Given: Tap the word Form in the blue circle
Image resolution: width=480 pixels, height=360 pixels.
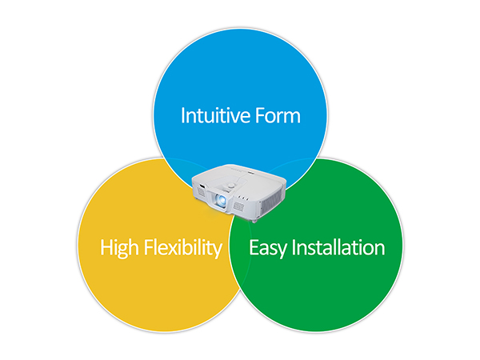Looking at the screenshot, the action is pos(278,115).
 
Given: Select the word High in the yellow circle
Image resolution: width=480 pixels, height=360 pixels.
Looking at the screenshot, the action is pos(119,248).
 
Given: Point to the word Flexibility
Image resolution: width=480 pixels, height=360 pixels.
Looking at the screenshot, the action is pos(183,248).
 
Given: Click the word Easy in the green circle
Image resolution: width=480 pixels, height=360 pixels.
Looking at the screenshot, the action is pos(268,248).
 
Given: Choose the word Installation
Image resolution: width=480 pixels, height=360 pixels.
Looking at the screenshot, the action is pos(338,247).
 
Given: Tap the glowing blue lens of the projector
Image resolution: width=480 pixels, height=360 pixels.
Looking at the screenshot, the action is pos(221,200).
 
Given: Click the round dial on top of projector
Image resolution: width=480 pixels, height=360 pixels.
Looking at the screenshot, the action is pos(231,186).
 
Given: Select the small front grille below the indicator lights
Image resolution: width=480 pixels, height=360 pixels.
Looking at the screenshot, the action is pos(238,206).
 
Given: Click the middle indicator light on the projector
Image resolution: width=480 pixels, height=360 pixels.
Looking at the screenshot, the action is pos(244,198).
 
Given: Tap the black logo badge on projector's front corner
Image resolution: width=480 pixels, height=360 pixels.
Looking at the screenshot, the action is pos(202,186).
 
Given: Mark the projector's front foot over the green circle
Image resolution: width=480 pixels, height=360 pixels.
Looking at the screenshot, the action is pos(254,220).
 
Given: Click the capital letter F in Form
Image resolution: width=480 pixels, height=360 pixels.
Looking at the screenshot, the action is pos(261,115).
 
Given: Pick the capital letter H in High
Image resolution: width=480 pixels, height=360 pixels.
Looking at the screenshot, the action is pos(106,247).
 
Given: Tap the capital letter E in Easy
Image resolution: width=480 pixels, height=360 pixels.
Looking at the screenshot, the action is pos(254,247).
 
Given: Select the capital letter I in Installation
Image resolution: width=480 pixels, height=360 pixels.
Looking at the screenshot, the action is pos(294,247).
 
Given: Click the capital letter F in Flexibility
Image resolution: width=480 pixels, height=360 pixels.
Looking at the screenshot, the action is pos(149,247).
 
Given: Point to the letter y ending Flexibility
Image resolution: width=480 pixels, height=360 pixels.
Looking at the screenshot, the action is pos(218,251).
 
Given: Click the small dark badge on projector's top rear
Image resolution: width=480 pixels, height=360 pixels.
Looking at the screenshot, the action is pos(251,174).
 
